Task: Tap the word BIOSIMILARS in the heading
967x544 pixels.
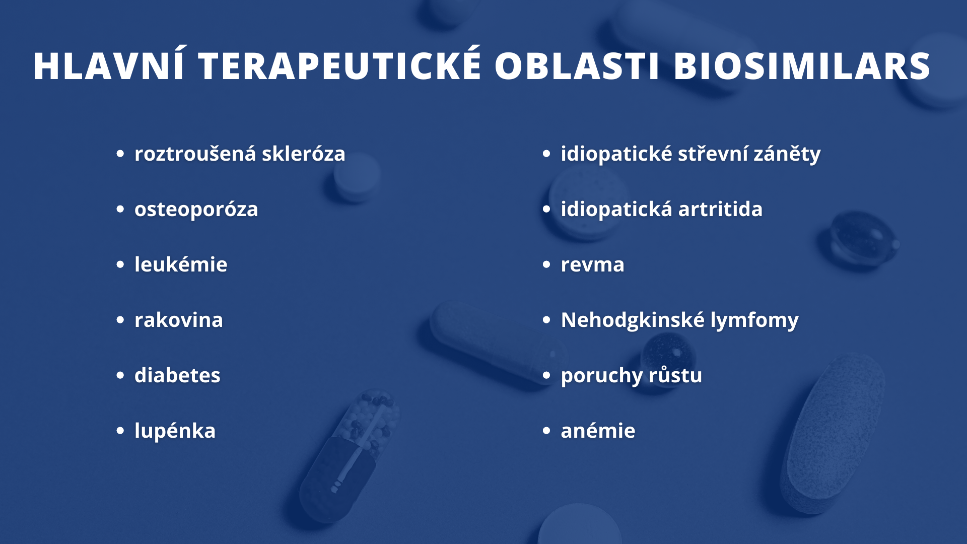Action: click(802, 66)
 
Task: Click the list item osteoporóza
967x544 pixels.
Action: click(196, 209)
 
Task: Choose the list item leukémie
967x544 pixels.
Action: click(181, 264)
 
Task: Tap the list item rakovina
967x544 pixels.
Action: click(178, 319)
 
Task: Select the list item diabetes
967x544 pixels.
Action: click(177, 375)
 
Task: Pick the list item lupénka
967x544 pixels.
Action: click(175, 431)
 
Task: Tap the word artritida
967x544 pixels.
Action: click(720, 209)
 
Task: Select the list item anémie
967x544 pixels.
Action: click(598, 430)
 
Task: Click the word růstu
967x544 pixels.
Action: click(675, 375)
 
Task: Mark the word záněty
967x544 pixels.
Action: click(787, 154)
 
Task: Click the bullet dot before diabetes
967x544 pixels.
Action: click(120, 375)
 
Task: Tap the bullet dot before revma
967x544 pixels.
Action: click(546, 264)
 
